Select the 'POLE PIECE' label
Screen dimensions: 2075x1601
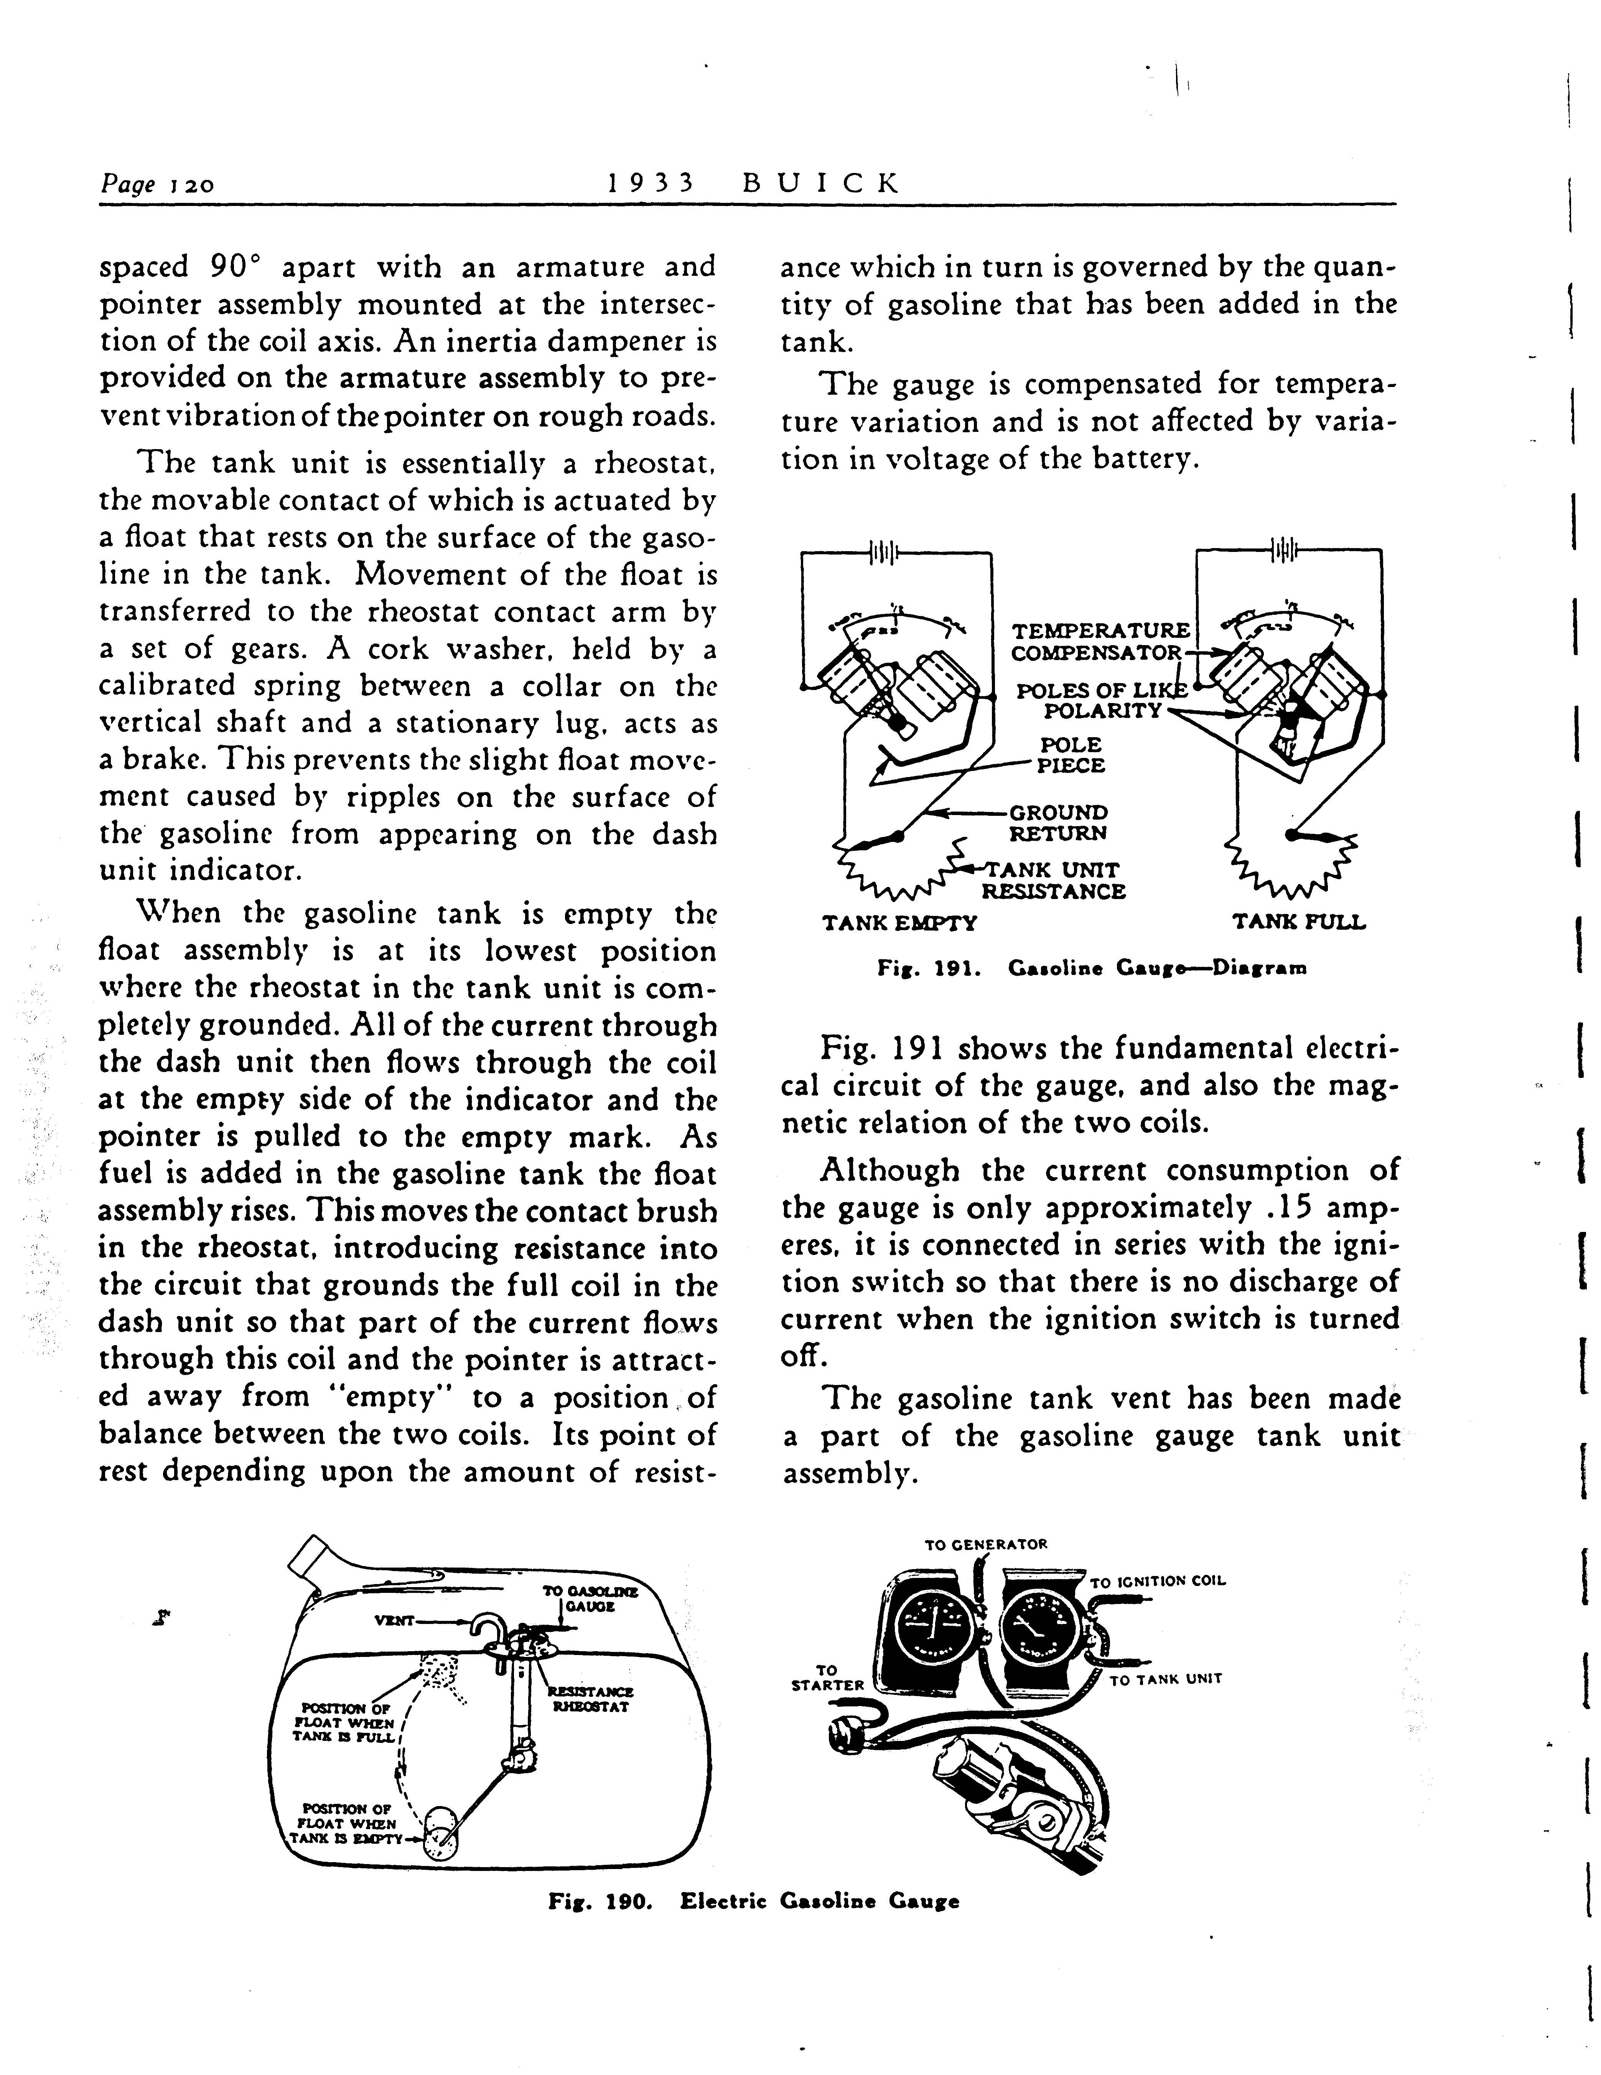point(1071,755)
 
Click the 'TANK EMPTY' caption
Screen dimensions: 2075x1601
point(899,922)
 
